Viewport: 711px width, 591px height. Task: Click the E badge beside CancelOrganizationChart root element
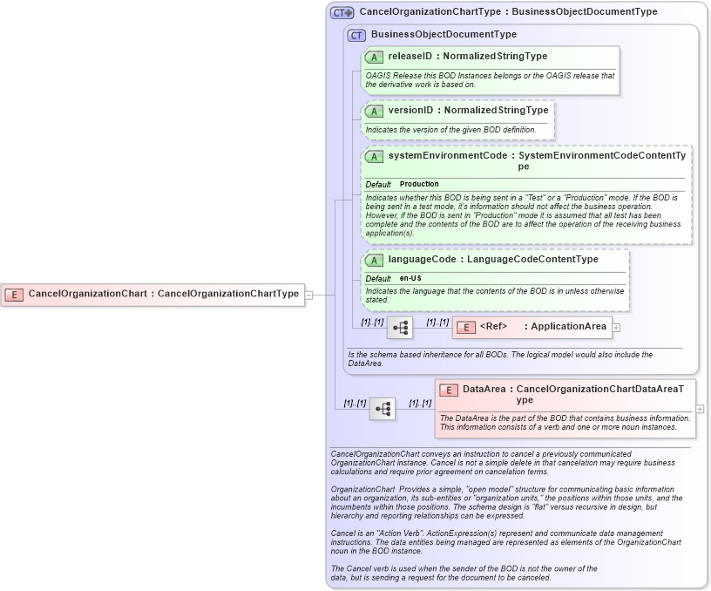14,294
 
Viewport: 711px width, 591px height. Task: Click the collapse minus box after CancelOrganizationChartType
308,295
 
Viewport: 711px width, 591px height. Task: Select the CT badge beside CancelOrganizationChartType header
342,12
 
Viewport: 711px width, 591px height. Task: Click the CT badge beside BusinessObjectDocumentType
355,35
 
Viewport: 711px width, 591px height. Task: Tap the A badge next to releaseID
374,57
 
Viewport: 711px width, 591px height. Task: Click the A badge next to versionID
374,111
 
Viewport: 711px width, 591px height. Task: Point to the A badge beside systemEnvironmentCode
374,156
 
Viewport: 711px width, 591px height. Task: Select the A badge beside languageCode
374,260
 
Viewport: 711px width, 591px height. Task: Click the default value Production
419,185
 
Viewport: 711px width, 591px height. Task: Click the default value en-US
410,278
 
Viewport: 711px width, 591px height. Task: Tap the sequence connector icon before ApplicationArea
400,328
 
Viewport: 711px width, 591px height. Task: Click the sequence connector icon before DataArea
382,408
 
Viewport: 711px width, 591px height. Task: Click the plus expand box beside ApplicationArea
616,328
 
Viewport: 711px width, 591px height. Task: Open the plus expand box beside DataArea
700,408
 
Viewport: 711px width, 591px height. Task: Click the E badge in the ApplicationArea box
466,327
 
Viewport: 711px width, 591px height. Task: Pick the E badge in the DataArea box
449,390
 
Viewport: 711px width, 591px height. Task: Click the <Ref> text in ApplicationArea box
494,327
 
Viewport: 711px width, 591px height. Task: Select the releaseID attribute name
410,57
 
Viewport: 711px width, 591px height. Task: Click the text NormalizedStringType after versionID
497,111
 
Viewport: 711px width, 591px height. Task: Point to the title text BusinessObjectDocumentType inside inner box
444,35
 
